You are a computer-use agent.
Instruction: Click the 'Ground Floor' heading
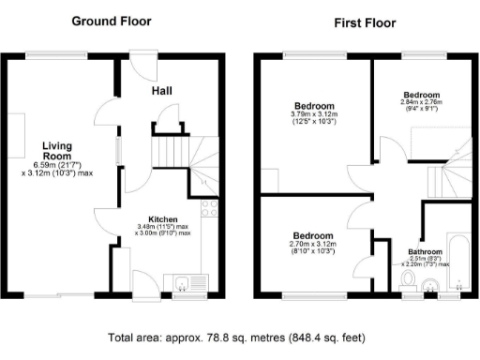pyautogui.click(x=114, y=20)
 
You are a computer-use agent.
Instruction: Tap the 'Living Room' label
pyautogui.click(x=55, y=151)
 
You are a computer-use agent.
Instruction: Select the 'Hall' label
pyautogui.click(x=165, y=91)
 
